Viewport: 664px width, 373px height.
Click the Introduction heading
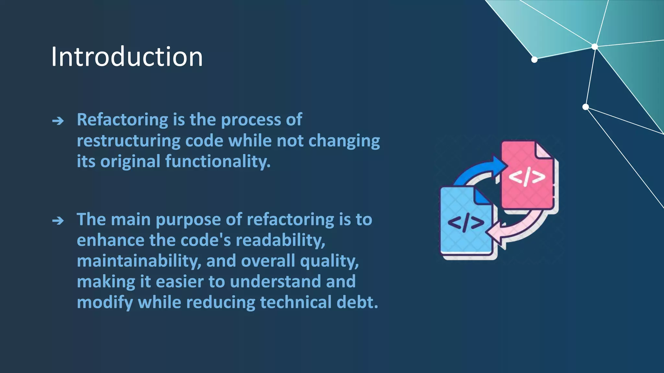point(127,57)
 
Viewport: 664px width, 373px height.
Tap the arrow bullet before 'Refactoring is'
point(58,121)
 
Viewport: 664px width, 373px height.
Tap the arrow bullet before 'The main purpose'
point(58,221)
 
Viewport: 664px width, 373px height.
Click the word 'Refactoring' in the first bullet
point(122,120)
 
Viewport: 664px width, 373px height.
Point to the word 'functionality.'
point(218,161)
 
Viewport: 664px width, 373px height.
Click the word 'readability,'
point(280,240)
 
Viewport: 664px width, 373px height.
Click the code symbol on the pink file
point(527,177)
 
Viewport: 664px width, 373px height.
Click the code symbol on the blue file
point(466,223)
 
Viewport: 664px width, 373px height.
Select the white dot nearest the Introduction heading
point(534,60)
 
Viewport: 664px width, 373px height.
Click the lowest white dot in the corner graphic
point(586,107)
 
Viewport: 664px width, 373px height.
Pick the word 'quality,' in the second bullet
point(329,261)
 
